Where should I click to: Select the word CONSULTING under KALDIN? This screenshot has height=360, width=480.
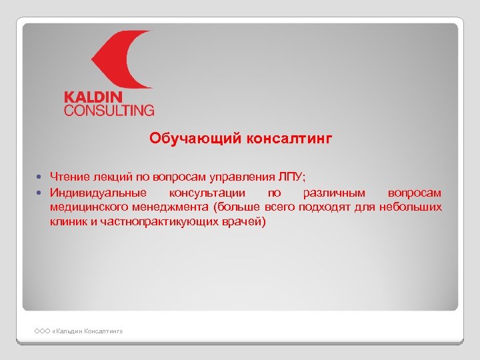[109, 110]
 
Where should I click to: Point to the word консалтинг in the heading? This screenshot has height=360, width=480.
[289, 138]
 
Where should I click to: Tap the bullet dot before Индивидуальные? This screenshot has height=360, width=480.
[40, 193]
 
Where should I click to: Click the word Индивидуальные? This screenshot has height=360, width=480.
[98, 193]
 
